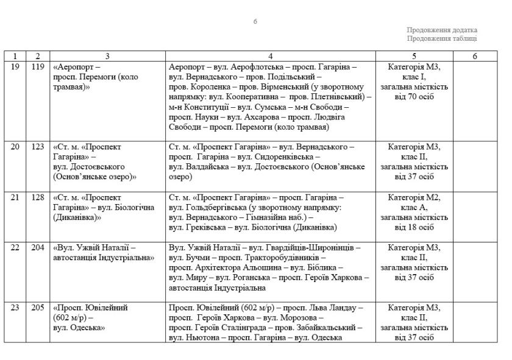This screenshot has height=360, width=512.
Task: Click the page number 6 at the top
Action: [255, 22]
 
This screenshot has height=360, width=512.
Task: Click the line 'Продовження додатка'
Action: [442, 30]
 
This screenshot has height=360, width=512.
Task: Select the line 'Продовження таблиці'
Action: [442, 38]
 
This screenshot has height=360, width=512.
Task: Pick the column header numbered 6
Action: [475, 56]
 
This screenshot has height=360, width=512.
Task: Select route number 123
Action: [38, 147]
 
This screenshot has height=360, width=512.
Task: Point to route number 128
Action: [38, 197]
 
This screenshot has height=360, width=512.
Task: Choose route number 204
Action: [38, 248]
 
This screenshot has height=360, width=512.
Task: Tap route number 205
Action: [38, 308]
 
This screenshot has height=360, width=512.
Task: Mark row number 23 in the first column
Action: [15, 308]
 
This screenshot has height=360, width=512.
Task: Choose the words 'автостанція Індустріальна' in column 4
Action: [217, 288]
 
